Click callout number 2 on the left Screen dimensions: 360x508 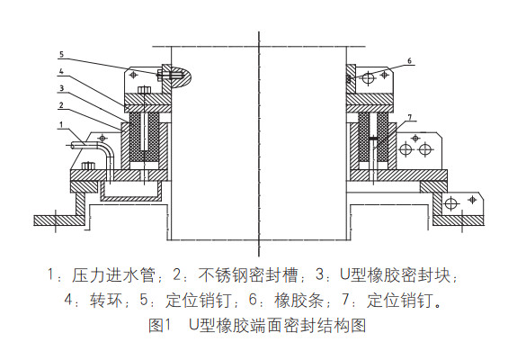(x=60, y=105)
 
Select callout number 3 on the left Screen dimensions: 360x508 (x=60, y=88)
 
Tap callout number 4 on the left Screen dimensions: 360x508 (x=60, y=71)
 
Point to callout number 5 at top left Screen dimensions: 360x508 (x=60, y=54)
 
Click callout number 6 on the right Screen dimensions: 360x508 (x=409, y=61)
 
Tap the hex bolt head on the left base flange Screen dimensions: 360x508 (x=88, y=166)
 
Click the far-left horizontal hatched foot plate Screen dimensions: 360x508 (x=49, y=219)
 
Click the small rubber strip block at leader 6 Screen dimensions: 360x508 (x=347, y=80)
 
